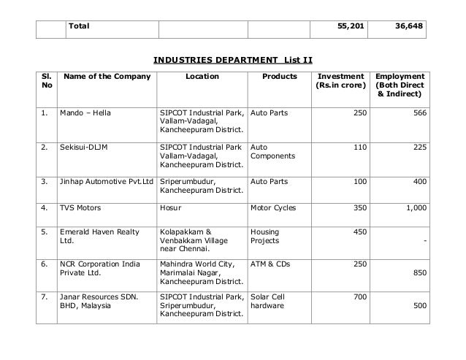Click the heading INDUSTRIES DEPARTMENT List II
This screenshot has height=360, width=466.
click(232, 58)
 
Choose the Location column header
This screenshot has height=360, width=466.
click(202, 76)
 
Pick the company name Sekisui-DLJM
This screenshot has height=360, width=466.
click(83, 147)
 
